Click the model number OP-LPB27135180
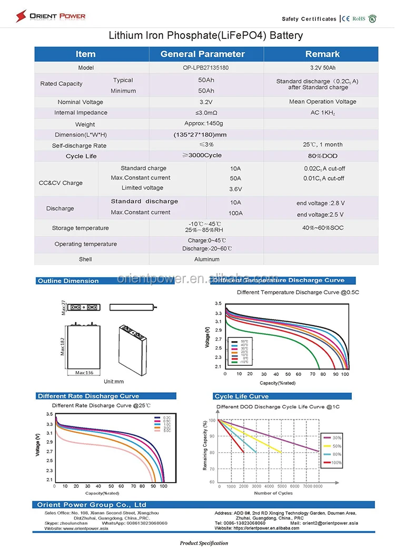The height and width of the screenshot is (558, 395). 206,68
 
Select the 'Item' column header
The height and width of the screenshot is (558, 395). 85,54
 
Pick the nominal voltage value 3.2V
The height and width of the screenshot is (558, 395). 206,102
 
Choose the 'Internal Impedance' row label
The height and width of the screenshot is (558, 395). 81,113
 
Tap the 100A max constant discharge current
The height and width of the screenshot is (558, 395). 235,213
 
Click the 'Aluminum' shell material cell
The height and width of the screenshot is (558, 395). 206,260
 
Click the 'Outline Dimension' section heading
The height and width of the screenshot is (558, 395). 68,281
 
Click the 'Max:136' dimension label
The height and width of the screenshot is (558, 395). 84,373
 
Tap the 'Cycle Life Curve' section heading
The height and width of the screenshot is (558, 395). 241,396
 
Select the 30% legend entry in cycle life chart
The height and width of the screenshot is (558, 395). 335,437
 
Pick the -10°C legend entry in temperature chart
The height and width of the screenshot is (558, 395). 243,362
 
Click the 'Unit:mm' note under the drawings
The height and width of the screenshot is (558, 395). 114,381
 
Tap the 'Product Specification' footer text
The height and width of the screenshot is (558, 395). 204,543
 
